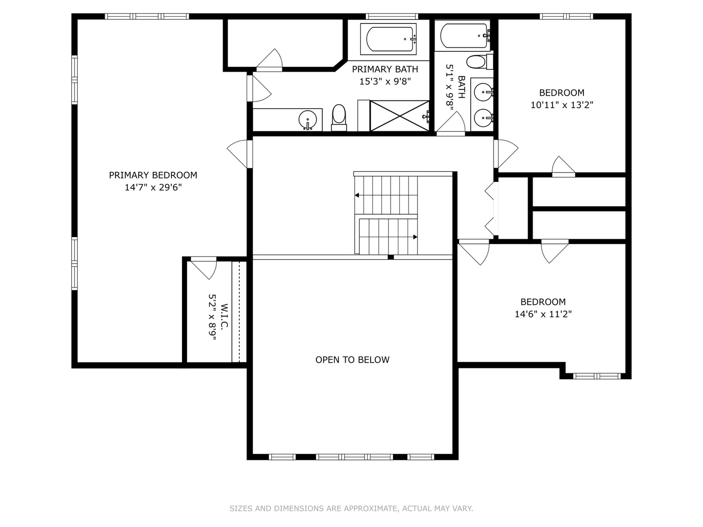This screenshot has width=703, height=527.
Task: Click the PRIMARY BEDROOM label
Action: tap(153, 175)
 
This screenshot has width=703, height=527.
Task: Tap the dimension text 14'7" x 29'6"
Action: tap(153, 187)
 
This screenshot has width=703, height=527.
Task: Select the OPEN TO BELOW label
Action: tap(352, 360)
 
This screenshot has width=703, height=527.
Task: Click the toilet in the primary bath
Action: tap(339, 118)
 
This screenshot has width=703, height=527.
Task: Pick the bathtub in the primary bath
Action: tap(389, 39)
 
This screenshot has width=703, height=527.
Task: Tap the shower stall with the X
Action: tap(399, 116)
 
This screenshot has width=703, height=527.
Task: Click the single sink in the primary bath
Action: tap(308, 120)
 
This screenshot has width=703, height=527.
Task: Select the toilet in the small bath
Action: tap(479, 62)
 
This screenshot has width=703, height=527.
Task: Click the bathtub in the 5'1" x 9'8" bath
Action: tap(464, 36)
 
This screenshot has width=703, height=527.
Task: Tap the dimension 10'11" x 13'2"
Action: tap(562, 105)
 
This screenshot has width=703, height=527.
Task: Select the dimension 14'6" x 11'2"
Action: tap(543, 314)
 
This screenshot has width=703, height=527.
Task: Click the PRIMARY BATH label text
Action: tap(385, 69)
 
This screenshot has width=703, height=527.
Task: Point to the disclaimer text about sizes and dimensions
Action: tap(351, 508)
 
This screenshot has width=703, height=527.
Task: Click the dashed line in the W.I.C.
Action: tap(240, 312)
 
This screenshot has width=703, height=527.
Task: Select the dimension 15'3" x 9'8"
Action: tap(385, 81)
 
